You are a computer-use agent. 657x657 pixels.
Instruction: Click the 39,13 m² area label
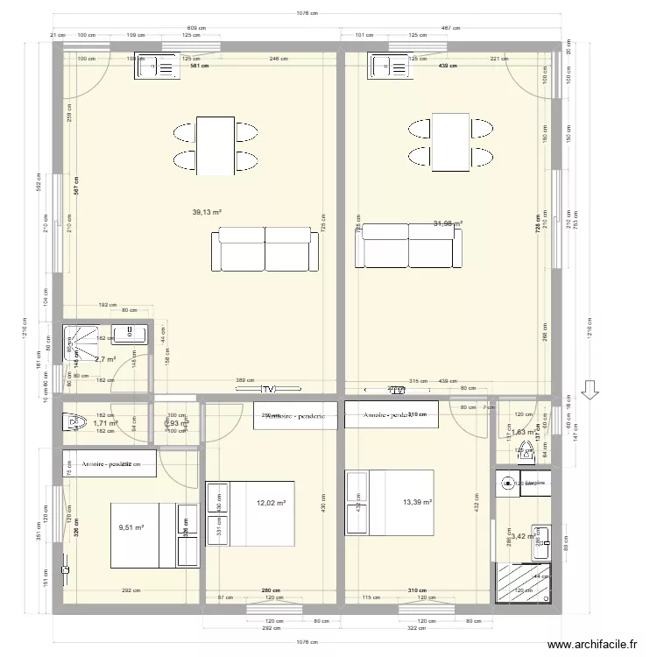(206, 212)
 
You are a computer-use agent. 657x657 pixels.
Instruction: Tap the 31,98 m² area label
(448, 224)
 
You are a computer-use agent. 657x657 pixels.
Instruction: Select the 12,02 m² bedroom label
(272, 503)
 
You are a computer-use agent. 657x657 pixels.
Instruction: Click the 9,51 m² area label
(131, 528)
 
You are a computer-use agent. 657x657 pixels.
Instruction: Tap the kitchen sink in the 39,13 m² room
(157, 67)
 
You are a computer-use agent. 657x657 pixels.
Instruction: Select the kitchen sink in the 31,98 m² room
(392, 67)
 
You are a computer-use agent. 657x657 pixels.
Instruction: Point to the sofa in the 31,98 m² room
(408, 245)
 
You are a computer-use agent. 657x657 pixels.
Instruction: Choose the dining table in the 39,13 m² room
(215, 145)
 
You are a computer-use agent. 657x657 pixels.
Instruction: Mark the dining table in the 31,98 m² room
(449, 142)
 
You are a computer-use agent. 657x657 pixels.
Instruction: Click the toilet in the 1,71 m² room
(72, 422)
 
